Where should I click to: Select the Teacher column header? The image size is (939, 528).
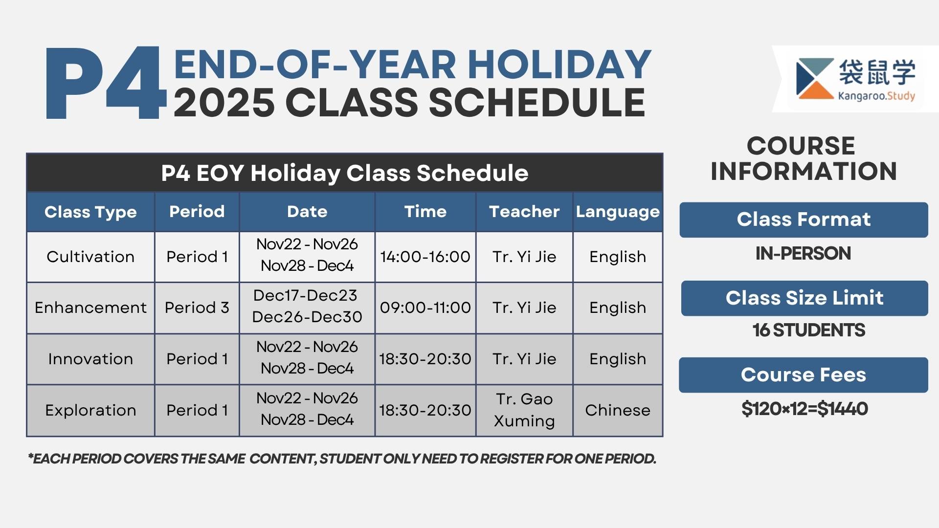click(524, 212)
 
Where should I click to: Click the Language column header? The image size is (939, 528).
click(618, 212)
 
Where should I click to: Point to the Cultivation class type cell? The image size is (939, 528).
click(90, 257)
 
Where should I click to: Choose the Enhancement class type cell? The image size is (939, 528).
click(90, 308)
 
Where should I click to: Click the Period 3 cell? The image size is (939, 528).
click(197, 308)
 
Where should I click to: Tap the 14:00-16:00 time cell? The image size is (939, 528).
click(425, 257)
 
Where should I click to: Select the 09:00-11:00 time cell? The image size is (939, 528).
click(425, 308)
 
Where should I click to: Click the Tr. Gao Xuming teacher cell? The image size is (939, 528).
click(524, 410)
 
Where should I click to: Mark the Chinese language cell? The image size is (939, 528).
click(618, 410)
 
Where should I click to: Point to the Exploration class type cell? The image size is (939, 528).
click(90, 410)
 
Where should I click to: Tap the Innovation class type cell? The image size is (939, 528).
click(90, 359)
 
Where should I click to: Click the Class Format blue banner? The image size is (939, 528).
click(804, 220)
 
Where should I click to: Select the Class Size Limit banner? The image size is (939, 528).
click(804, 298)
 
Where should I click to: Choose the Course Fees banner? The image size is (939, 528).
click(803, 375)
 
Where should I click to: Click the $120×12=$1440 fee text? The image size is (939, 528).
click(805, 409)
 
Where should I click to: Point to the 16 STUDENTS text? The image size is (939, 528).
click(808, 330)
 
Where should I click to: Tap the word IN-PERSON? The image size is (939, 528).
click(803, 253)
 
